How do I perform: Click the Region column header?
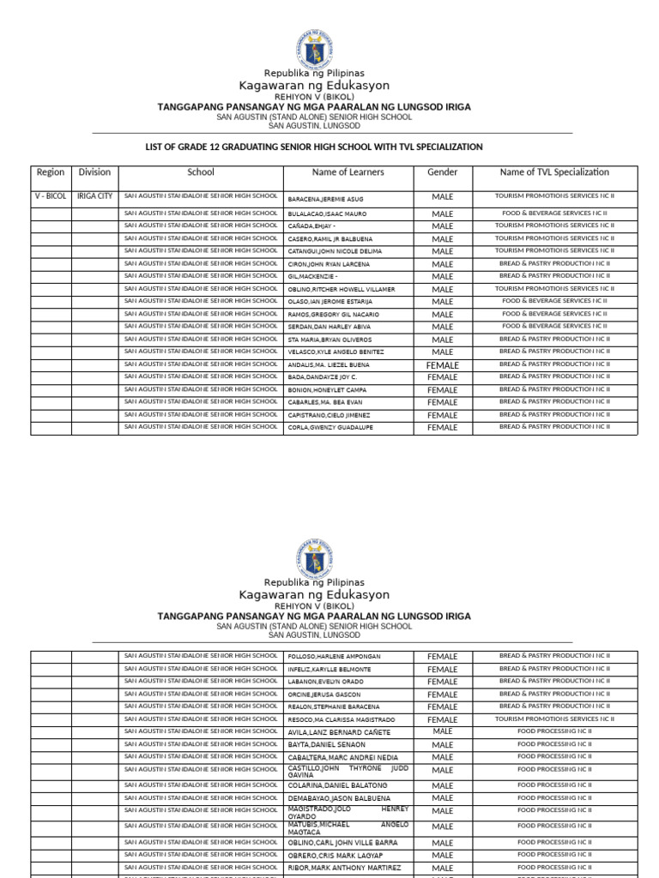pos(51,172)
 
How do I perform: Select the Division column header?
pos(94,172)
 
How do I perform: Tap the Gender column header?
pos(443,172)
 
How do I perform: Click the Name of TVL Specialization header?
pos(554,172)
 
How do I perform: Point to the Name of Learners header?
pos(348,172)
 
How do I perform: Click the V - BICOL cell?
pos(51,196)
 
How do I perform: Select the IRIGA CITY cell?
pos(94,196)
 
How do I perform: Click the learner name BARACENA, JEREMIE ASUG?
pos(325,199)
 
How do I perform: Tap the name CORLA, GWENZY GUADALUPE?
pos(330,427)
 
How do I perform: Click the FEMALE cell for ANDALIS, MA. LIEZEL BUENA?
pos(443,365)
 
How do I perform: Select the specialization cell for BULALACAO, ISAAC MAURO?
pos(554,213)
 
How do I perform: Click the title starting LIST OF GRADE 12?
pos(314,147)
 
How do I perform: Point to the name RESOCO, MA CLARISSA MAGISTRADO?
pos(342,719)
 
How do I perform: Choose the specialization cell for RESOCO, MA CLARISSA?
pos(554,719)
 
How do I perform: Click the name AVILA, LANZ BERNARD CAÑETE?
pos(339,732)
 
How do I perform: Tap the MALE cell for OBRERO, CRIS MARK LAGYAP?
pos(443,856)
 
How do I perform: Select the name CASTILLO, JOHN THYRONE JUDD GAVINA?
pos(348,770)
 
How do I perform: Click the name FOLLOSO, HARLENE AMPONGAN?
pos(334,657)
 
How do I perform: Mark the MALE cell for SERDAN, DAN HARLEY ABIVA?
pos(443,327)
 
